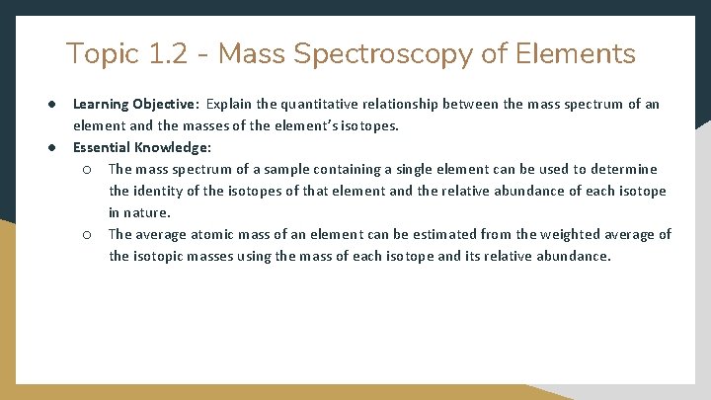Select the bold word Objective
click(168, 104)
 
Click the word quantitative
click(315, 104)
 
